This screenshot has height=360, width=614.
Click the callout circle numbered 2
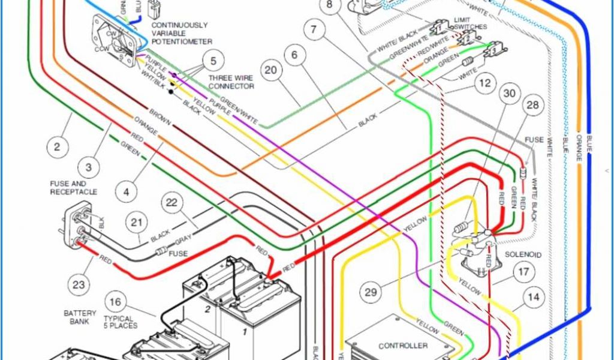[x=58, y=146]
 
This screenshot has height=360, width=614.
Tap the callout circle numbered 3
[x=89, y=167]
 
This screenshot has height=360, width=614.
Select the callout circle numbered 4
[x=126, y=193]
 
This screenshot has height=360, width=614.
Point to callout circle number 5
[x=213, y=61]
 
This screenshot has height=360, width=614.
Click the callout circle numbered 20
[x=271, y=71]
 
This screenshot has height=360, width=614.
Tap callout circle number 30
[x=509, y=94]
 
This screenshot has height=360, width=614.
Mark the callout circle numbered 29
[x=371, y=292]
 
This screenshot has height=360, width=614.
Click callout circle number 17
[x=523, y=272]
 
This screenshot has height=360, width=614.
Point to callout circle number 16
[x=116, y=302]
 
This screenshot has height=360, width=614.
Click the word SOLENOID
[x=523, y=255]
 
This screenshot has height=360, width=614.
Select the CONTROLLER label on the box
[x=403, y=346]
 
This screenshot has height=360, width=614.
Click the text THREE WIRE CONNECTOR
[x=231, y=82]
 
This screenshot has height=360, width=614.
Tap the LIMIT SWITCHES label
[x=470, y=23]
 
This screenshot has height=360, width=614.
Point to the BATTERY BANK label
[x=80, y=317]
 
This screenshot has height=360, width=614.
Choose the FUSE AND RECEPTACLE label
[x=74, y=188]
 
